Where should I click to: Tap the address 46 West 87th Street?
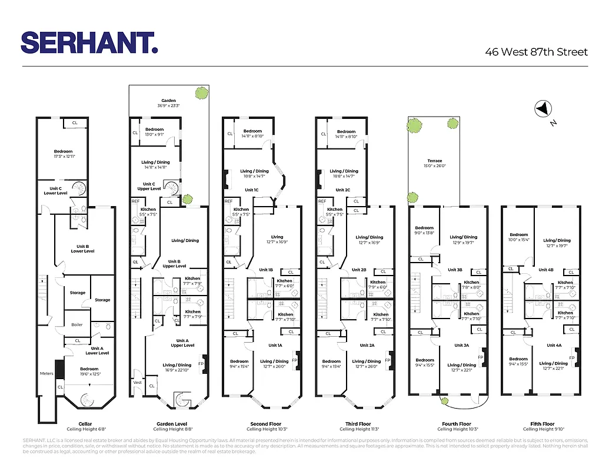[x=536, y=52]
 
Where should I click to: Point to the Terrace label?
[x=434, y=161]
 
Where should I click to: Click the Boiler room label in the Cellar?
[x=77, y=325]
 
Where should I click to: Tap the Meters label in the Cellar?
[x=46, y=373]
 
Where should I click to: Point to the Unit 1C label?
[x=251, y=190]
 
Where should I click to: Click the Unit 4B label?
[x=546, y=270]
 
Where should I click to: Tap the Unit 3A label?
[x=461, y=346]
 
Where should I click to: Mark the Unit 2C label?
[x=343, y=190]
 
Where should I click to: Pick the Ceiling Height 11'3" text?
[x=358, y=429]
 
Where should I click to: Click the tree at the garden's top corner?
[x=202, y=92]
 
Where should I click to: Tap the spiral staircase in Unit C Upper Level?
[x=172, y=188]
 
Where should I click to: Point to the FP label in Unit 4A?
[x=571, y=358]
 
